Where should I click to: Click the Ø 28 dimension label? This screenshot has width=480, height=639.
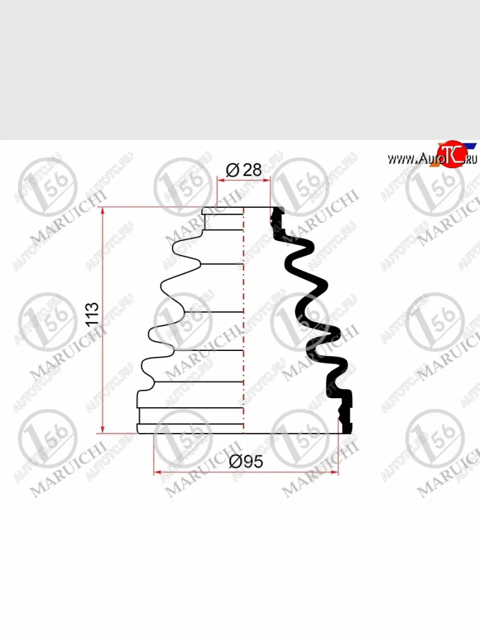244,170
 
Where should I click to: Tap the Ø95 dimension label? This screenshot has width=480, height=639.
246,462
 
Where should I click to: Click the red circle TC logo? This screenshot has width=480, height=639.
451,154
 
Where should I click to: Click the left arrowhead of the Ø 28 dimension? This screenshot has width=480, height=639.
221,180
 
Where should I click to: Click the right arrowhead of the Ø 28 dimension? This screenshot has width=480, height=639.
266,180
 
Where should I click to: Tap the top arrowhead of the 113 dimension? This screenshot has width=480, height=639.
102,211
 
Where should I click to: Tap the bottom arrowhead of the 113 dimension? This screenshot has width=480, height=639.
102,429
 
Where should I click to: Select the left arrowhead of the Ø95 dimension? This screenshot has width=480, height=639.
158,472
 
